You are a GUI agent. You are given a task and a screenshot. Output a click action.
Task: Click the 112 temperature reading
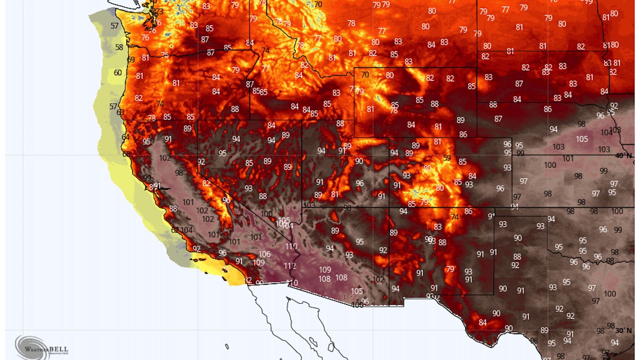coord(290,266)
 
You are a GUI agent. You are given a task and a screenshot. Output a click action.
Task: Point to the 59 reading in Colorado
coord(447,158)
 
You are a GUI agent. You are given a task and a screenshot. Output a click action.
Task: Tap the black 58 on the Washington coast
coord(119,47)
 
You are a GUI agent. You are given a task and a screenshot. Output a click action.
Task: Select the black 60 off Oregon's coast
coord(118,73)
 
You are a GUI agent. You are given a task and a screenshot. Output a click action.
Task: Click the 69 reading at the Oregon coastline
coord(131,60)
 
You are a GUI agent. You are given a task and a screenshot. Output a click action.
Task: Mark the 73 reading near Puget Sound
coord(160,12)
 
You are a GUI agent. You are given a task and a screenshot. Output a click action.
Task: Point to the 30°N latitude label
coord(623,331)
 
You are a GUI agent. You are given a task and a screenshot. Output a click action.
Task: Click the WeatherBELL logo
coord(42,348)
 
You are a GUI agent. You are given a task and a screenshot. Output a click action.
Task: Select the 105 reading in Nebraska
coord(582,139)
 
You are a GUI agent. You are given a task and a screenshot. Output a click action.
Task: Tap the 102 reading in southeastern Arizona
coord(378,279)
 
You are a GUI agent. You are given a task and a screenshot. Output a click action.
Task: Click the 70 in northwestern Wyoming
coord(365,75)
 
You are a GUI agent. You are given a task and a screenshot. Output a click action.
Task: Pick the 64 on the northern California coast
coord(126,137)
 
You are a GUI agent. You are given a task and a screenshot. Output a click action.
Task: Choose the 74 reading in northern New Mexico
coord(455,217)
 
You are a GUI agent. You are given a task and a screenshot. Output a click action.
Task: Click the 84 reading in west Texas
coord(483,322)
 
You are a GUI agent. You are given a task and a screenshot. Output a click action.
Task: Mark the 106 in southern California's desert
coord(264,254)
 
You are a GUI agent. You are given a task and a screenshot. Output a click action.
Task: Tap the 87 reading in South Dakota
coord(519,84)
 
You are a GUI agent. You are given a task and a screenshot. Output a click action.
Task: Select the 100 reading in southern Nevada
coord(266,214)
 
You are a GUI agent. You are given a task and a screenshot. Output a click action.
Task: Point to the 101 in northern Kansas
coord(568,159)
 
